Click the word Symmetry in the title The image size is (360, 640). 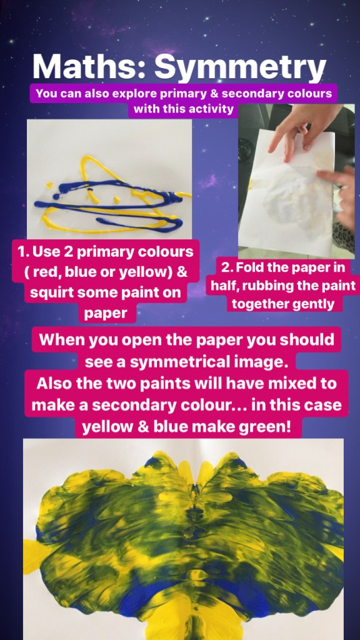240,67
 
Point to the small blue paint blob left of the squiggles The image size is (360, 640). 56,197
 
